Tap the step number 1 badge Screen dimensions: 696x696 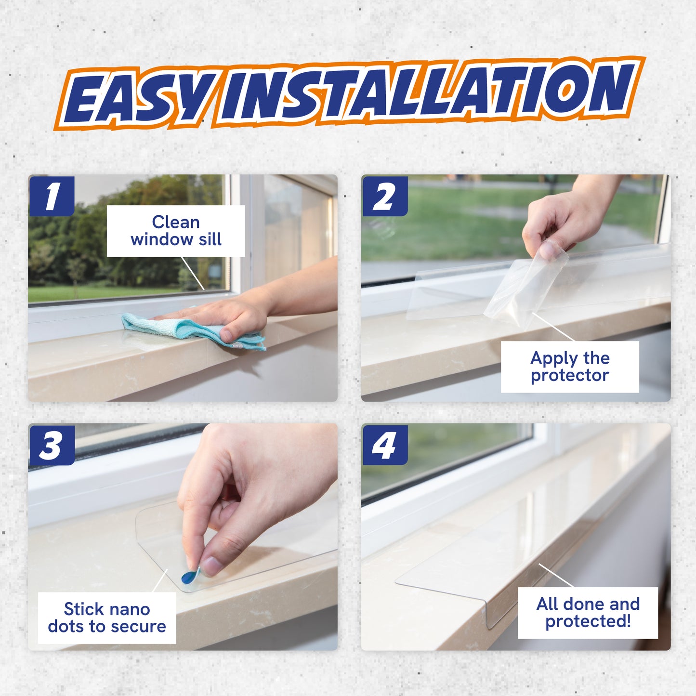pos(52,196)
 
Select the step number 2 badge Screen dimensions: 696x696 pos(384,196)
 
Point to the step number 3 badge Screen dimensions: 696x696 pos(52,445)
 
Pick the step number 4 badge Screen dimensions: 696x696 pos(384,445)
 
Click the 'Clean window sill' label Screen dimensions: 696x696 pos(176,231)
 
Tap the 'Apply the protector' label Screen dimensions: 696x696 pos(570,367)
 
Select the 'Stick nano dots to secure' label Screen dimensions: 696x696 pos(107,617)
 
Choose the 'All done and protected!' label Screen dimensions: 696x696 pos(588,612)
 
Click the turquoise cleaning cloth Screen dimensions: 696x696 pos(193,330)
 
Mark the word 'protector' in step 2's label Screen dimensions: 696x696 pos(570,375)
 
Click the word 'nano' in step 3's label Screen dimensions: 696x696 pos(129,609)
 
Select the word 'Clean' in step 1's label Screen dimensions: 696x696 pos(176,222)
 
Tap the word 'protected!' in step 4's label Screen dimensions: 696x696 pos(588,621)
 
